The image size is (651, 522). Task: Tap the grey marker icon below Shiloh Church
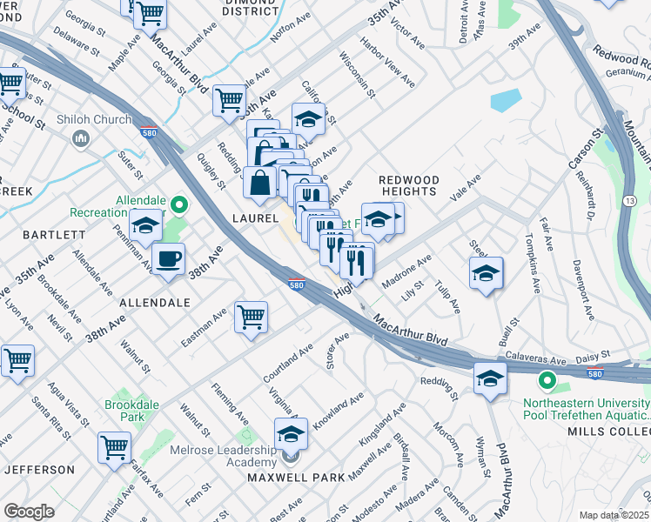pyautogui.click(x=81, y=138)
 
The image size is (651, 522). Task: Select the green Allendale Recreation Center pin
pyautogui.click(x=179, y=205)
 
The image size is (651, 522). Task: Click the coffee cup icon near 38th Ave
pyautogui.click(x=168, y=258)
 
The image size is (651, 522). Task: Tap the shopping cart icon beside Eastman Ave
pyautogui.click(x=251, y=317)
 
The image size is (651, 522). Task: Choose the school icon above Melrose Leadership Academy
pyautogui.click(x=292, y=433)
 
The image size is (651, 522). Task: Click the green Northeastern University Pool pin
pyautogui.click(x=547, y=381)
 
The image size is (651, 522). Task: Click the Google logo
pyautogui.click(x=29, y=512)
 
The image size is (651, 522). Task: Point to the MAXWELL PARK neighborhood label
pyautogui.click(x=296, y=478)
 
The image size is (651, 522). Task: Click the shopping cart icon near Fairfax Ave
pyautogui.click(x=114, y=447)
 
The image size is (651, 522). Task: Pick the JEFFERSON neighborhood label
pyautogui.click(x=39, y=470)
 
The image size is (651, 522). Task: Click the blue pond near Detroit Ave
pyautogui.click(x=507, y=100)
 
